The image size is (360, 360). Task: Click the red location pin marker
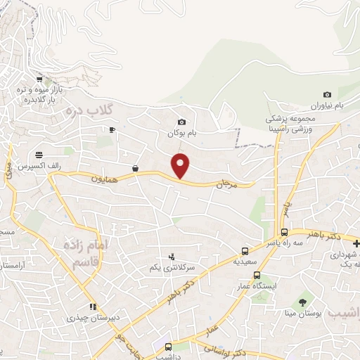click(x=181, y=165)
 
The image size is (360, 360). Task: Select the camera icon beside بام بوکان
click(x=181, y=122)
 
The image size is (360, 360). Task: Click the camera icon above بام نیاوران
click(x=327, y=94)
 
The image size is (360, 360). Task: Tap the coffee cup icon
click(x=112, y=129)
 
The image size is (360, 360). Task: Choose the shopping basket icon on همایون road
click(x=134, y=169)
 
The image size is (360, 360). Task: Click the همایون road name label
click(x=101, y=179)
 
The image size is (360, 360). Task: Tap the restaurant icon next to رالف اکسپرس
click(x=40, y=154)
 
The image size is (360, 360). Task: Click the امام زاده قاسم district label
click(x=84, y=254)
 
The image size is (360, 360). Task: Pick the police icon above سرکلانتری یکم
click(x=171, y=257)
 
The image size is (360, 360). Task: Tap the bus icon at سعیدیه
click(x=245, y=251)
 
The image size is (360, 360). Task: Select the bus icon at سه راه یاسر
click(x=284, y=233)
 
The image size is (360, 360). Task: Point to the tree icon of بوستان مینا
click(x=302, y=302)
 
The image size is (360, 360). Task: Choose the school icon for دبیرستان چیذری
click(x=92, y=307)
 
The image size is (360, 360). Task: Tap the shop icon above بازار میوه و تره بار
click(x=39, y=79)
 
